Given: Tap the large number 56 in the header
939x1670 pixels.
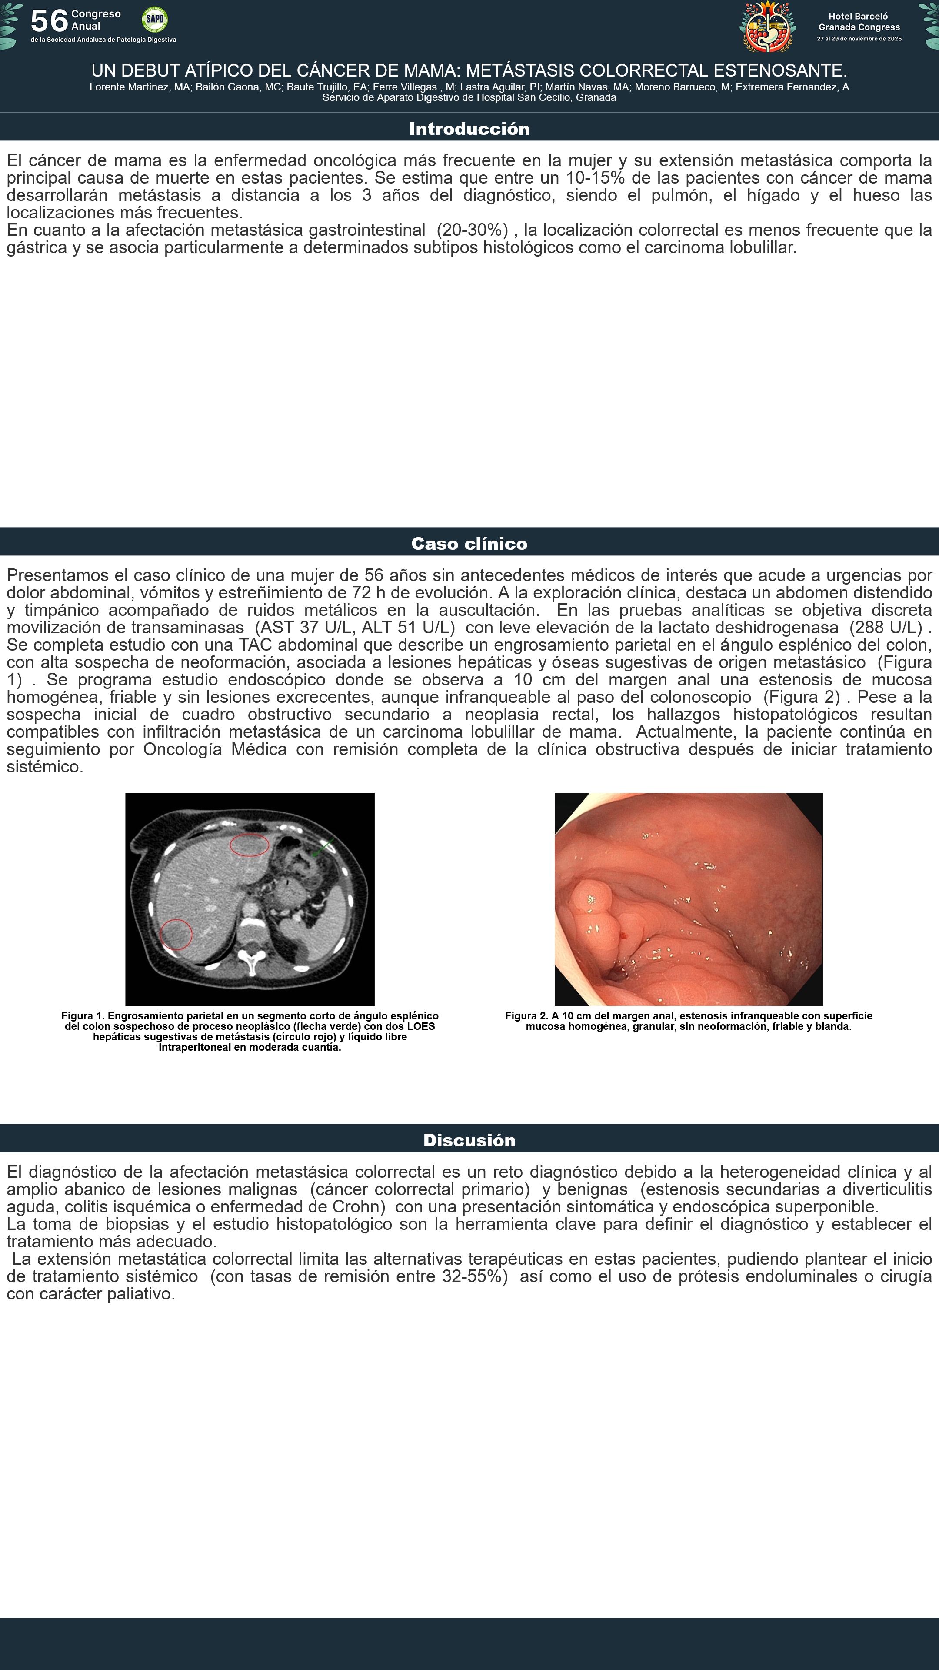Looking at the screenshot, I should click(49, 21).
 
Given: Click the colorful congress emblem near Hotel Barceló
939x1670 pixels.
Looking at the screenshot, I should click(768, 26).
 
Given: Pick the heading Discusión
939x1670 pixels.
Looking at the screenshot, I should click(469, 1140).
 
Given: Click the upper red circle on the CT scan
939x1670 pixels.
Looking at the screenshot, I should click(250, 845).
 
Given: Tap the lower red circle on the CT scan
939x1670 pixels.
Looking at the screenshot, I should click(176, 934).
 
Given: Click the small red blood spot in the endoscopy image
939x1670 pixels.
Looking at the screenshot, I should click(623, 935).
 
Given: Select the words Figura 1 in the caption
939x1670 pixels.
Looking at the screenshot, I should click(82, 1016).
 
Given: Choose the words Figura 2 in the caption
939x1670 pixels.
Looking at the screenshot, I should click(526, 1016).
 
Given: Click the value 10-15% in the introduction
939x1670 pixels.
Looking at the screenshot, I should click(595, 177).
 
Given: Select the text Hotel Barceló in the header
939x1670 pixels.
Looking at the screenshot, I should click(858, 16).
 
